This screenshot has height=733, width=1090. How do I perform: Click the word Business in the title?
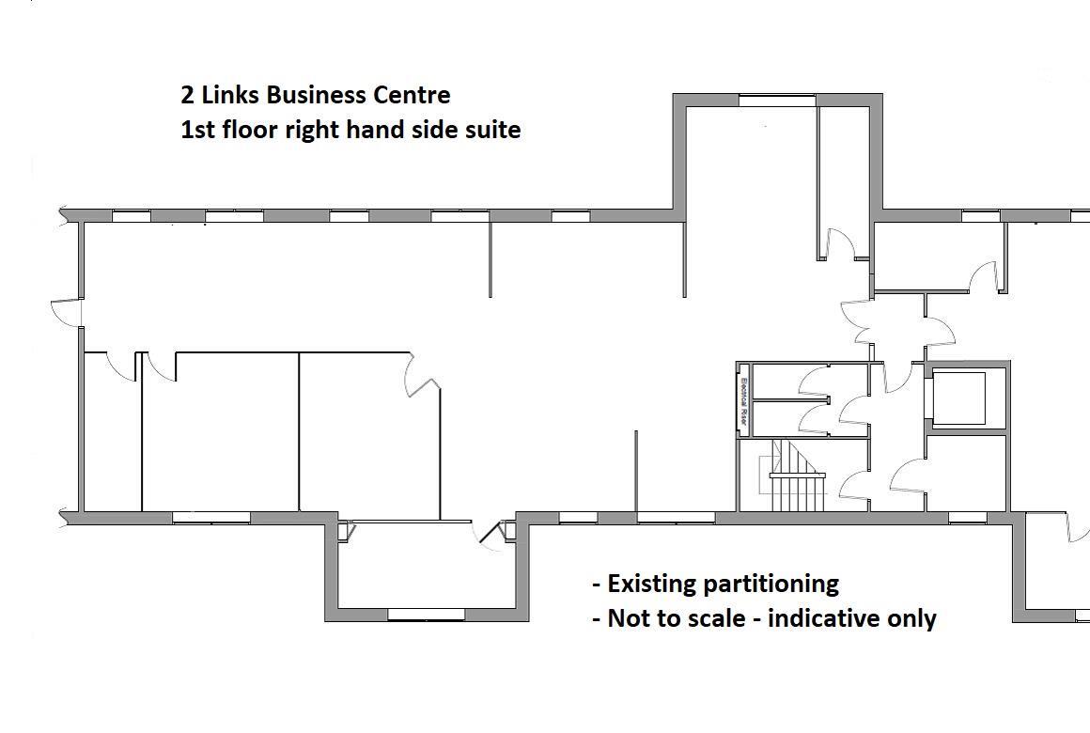tap(317, 95)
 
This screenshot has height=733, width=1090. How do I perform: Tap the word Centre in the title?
tap(413, 95)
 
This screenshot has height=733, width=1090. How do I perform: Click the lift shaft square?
tap(958, 398)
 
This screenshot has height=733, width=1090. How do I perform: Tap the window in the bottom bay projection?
tap(426, 615)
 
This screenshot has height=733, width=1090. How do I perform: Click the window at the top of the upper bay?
tap(776, 100)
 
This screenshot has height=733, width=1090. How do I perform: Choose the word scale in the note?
tap(721, 618)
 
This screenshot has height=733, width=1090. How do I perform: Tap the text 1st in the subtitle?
tap(196, 130)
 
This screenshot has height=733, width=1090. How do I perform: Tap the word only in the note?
tap(911, 618)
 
